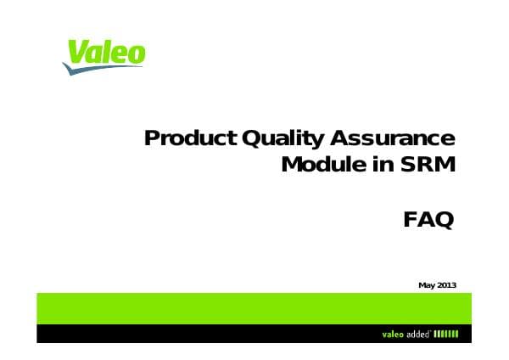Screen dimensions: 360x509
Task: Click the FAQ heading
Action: click(428, 220)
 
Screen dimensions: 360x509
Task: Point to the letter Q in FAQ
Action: click(443, 221)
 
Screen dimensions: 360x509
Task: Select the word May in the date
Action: click(427, 284)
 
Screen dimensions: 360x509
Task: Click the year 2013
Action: click(447, 284)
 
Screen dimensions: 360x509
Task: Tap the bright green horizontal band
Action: click(255, 307)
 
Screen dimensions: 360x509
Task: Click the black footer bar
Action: click(212, 333)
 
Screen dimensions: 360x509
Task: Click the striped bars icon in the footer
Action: click(445, 333)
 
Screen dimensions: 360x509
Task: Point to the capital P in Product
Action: click(152, 138)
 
